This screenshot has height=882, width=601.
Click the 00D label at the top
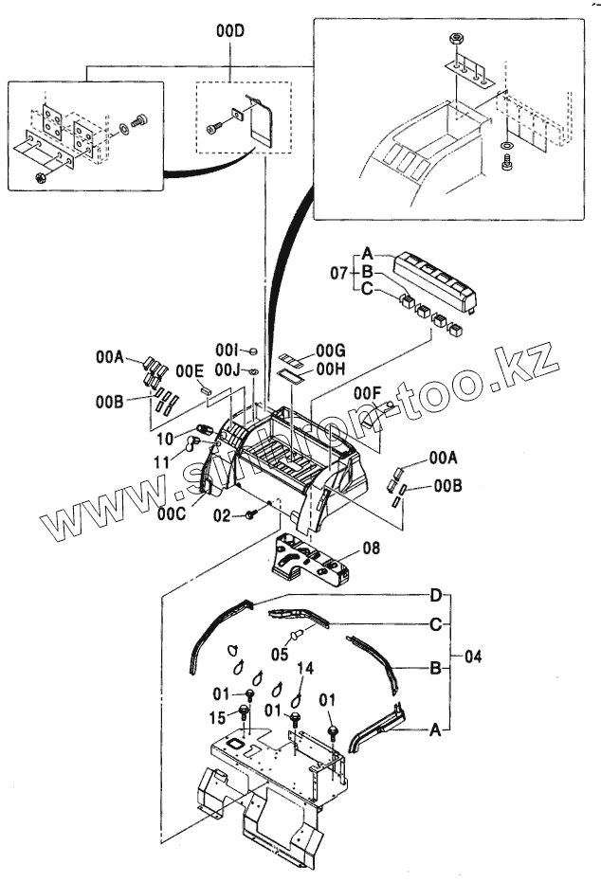[230, 32]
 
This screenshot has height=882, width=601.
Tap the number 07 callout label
[339, 274]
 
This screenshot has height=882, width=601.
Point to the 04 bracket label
[472, 656]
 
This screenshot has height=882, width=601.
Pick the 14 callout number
[304, 669]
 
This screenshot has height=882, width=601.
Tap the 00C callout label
[173, 514]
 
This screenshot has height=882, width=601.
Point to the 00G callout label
[331, 351]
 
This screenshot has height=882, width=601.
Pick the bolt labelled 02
[252, 514]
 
